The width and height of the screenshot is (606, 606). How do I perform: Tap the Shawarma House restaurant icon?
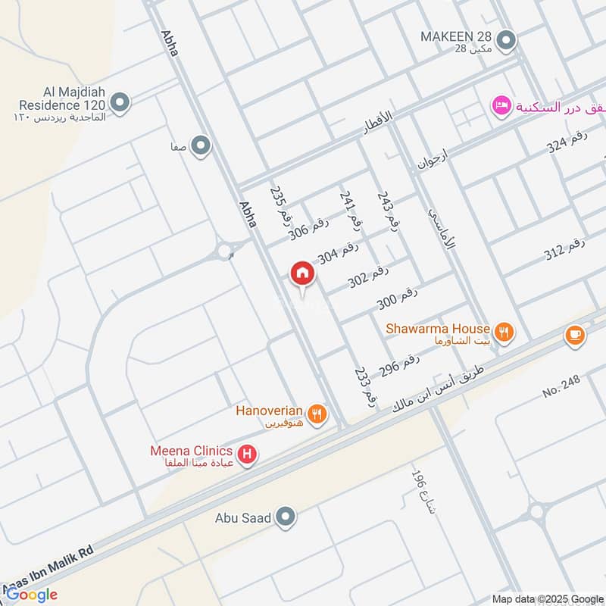(504, 330)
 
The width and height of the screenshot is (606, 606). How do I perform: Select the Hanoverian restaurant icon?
(318, 413)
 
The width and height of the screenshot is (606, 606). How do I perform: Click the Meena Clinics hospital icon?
(246, 454)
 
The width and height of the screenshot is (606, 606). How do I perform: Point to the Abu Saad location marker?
(286, 517)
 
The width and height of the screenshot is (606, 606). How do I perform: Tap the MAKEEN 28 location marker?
(508, 39)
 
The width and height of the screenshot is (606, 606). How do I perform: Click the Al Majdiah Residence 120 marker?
(120, 102)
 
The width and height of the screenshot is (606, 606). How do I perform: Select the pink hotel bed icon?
(500, 105)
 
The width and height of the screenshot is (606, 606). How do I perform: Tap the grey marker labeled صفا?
(200, 145)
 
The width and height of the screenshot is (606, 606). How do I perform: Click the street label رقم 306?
(309, 229)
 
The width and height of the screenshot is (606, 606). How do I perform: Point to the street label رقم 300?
(398, 298)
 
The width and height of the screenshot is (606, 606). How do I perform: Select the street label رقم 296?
(399, 367)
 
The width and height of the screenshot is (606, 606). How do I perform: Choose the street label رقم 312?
(565, 251)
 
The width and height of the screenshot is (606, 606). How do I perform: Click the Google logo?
(31, 595)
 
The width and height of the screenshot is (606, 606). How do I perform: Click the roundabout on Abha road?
(225, 251)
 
